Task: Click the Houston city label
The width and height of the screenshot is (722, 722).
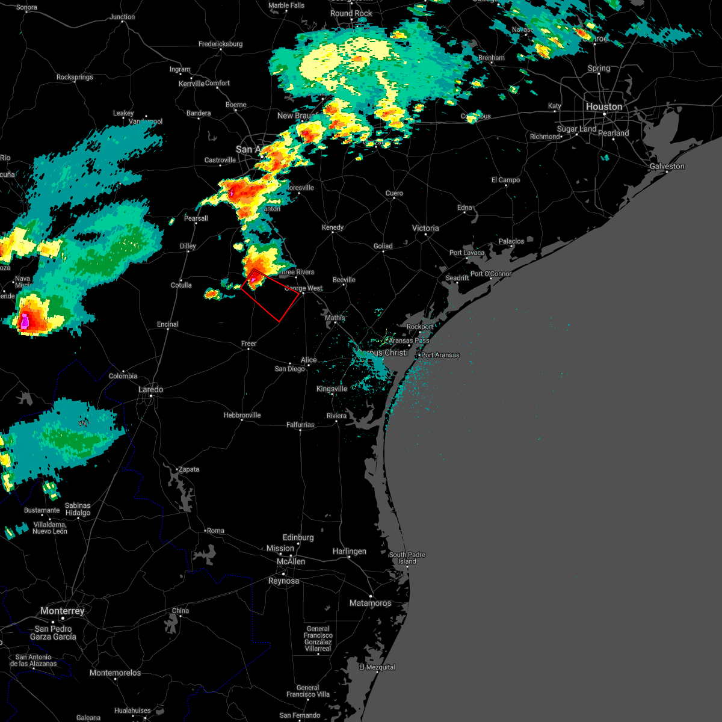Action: (604, 106)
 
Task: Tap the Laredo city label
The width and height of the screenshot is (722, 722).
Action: (150, 389)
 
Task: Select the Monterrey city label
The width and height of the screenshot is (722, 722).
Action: (63, 611)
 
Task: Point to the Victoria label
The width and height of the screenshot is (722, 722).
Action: (425, 228)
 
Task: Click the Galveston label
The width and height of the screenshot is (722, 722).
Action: (667, 166)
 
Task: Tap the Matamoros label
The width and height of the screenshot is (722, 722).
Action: (370, 603)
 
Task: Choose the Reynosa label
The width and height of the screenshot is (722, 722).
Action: (283, 581)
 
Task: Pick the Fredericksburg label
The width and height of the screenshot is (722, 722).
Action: (220, 44)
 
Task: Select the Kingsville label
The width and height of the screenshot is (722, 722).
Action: (332, 389)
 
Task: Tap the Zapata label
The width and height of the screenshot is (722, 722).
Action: (188, 469)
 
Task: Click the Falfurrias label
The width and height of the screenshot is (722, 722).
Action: (300, 425)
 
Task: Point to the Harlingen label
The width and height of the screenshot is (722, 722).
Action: (349, 551)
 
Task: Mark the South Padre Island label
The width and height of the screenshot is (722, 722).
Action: (407, 558)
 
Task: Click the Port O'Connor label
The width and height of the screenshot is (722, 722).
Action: (491, 274)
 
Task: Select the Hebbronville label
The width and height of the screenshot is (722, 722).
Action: (242, 415)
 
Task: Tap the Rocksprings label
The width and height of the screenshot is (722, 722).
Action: (75, 77)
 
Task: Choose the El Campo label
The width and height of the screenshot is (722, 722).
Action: (505, 180)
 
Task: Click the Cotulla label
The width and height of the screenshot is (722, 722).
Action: (181, 285)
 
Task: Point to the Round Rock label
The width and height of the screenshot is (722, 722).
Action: (351, 13)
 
